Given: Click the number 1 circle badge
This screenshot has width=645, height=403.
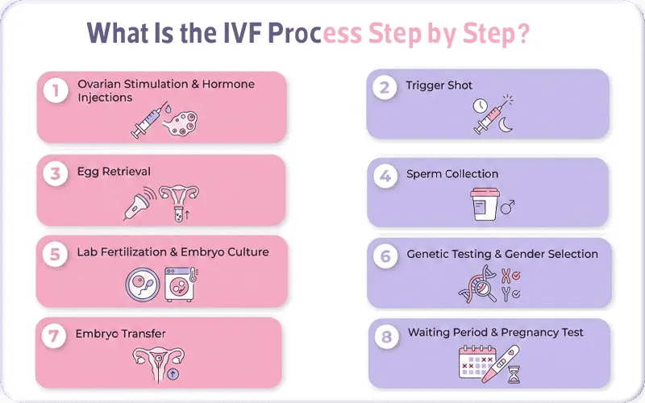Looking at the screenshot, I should tap(55, 91).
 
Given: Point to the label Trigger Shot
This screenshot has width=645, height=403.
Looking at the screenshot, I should tap(439, 85).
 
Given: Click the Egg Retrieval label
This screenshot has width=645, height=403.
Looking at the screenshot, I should tap(114, 172).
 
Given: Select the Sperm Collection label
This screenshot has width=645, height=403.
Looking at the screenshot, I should tap(452, 174).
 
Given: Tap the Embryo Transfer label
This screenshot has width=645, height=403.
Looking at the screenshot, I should tap(120, 334).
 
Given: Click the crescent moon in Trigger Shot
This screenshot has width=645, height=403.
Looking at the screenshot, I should tap(506, 124).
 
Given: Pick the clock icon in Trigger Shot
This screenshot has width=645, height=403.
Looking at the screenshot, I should tap(481, 106).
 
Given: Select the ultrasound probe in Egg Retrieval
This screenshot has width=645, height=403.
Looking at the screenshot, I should tap(138, 205).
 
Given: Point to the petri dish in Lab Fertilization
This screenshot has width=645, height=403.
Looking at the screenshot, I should tap(142, 285).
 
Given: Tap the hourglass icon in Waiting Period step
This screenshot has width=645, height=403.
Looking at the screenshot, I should tap(514, 372).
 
